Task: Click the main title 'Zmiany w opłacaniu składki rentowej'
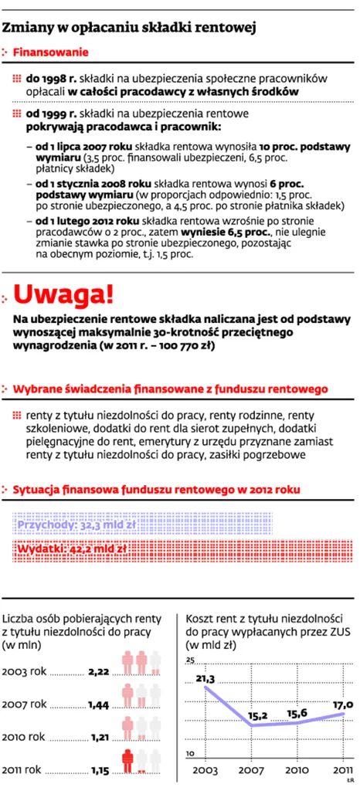pyautogui.click(x=130, y=29)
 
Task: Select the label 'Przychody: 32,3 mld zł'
pyautogui.click(x=76, y=525)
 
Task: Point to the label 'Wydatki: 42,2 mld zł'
pyautogui.click(x=70, y=549)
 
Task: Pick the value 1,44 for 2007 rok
pyautogui.click(x=99, y=704)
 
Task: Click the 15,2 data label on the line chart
pyautogui.click(x=258, y=715)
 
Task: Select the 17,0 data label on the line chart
pyautogui.click(x=342, y=704)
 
